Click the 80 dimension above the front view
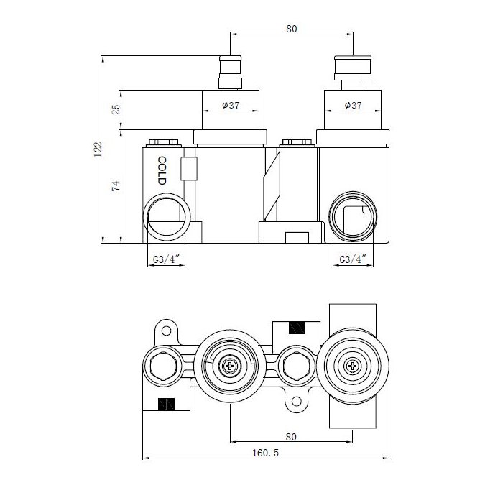tap(291, 29)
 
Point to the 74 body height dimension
tap(116, 186)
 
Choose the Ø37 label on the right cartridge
tap(352, 106)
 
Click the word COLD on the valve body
tap(162, 171)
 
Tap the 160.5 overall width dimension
tap(266, 453)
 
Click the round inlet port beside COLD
tap(169, 217)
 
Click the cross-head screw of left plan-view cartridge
tap(230, 367)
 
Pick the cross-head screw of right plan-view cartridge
tap(352, 367)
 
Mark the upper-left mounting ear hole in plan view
tap(166, 331)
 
